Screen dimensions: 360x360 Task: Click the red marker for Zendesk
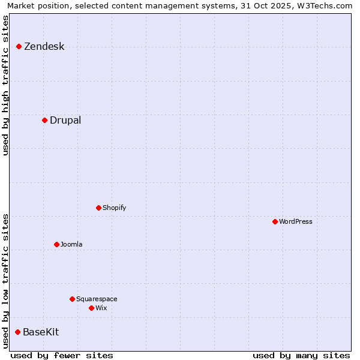19,46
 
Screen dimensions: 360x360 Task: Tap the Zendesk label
44,47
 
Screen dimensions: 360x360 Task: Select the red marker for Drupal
44,120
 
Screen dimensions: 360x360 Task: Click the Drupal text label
65,121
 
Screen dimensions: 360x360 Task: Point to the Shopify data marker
98,208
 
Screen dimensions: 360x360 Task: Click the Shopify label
114,208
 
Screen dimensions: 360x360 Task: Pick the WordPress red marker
275,221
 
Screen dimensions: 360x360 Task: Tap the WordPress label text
296,222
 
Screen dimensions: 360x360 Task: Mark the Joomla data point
56,244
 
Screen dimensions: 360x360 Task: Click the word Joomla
71,245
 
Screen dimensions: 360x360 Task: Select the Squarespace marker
72,299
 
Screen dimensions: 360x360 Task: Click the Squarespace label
97,299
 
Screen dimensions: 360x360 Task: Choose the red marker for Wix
91,308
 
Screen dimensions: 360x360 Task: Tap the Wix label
101,308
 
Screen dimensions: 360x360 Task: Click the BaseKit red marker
17,332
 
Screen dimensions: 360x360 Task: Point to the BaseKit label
41,332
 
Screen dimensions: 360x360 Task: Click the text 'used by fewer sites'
62,355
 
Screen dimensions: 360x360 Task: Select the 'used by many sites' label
301,355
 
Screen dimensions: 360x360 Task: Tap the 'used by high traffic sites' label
6,85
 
